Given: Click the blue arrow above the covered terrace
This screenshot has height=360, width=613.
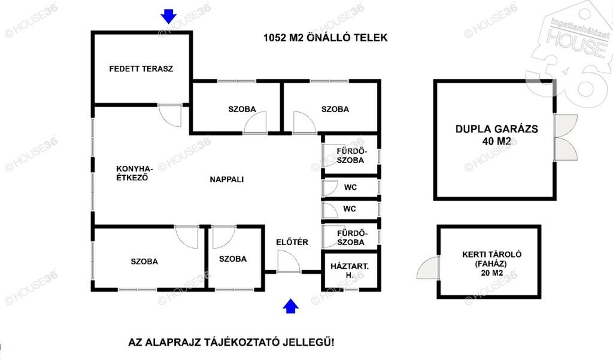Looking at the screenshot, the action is click(168, 16).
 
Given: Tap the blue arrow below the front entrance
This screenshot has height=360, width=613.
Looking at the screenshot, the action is click(290, 306).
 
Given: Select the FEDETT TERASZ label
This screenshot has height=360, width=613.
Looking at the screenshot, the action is click(141, 69).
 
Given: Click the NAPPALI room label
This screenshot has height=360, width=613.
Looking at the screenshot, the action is click(227, 180).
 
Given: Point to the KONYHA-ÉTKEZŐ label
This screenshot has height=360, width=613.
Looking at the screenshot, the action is click(135, 173).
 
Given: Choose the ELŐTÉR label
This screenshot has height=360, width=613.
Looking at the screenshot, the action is click(292, 242).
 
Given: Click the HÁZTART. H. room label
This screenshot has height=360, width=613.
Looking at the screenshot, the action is click(350, 271).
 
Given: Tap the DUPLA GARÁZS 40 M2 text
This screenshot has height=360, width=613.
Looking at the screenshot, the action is click(496, 135).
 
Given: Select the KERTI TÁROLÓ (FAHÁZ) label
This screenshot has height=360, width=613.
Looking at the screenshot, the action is click(492, 259).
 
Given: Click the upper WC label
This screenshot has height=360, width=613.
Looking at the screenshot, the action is click(351, 187).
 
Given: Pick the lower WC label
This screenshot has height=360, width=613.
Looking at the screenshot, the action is click(350, 209).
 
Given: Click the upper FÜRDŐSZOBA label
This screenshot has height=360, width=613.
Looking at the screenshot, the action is click(350, 156).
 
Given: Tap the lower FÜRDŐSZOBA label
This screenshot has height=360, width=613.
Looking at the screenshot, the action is click(351, 238).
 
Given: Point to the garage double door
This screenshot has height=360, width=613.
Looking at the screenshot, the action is click(566, 137).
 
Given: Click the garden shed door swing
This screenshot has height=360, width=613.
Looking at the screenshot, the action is click(428, 268).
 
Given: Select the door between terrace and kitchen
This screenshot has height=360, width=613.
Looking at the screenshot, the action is click(170, 115).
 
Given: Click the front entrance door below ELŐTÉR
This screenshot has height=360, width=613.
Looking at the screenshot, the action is click(289, 261).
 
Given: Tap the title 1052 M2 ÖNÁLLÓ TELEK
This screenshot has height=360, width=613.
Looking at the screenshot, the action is click(325, 38).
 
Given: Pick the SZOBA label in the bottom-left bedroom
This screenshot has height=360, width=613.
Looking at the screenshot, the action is click(144, 262).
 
